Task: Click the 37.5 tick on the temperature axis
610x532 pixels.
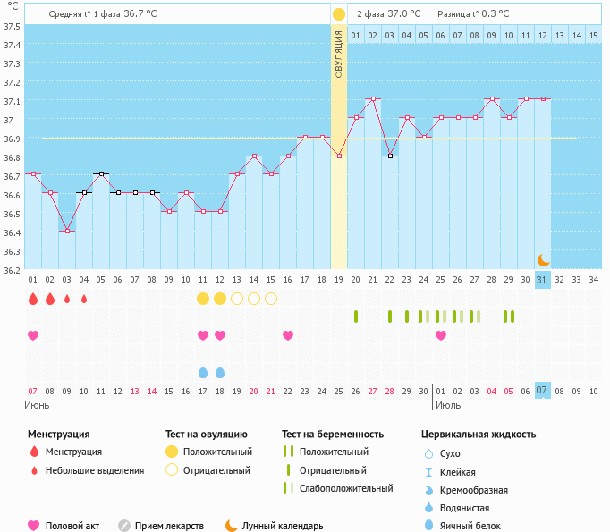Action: coord(13,26)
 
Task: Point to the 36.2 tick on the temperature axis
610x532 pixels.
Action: coord(13,269)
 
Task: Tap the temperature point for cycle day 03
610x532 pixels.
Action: coord(67,231)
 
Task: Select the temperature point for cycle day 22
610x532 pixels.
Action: coord(390,156)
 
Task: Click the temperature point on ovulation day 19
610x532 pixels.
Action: coord(339,156)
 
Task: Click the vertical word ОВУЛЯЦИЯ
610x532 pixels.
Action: coord(339,54)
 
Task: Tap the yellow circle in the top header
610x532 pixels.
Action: coord(339,14)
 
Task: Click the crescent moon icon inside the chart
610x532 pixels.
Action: coord(543,259)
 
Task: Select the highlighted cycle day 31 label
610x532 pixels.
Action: coord(542,280)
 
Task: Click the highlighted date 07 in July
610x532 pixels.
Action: coord(542,391)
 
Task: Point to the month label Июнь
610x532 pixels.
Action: coord(37,405)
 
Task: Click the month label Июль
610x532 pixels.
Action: coord(447,405)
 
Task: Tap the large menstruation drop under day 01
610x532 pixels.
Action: coord(33,299)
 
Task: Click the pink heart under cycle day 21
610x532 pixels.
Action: coord(288,335)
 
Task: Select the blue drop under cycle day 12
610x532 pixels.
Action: coord(220,372)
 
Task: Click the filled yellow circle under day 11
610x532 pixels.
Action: coord(203,299)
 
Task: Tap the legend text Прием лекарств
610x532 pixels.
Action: coord(169,526)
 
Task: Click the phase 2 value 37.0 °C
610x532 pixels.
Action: coord(402,14)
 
